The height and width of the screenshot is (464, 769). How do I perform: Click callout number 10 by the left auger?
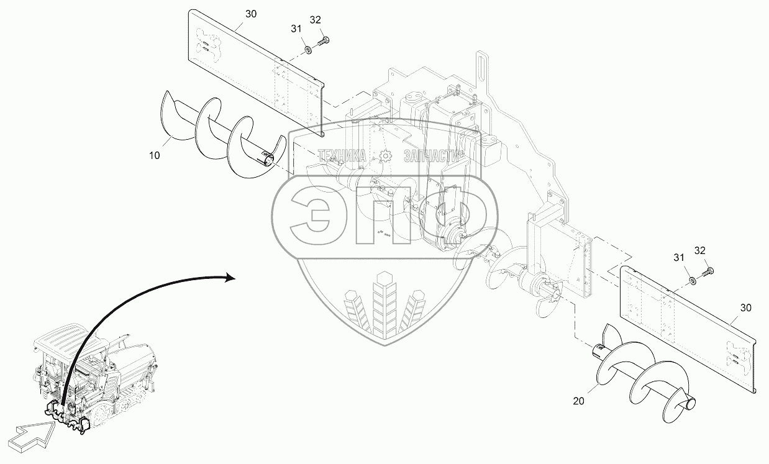(154, 155)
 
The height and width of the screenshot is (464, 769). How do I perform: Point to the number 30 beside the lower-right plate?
(746, 307)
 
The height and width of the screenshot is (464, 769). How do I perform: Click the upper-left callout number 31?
(295, 28)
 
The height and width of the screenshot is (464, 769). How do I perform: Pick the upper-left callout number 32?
(316, 20)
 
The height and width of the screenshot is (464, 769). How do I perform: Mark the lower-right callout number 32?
(699, 250)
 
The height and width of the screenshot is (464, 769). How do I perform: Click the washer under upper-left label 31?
(307, 50)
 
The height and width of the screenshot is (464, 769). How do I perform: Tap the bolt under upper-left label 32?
(324, 42)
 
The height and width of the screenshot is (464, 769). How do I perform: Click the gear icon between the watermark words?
(385, 155)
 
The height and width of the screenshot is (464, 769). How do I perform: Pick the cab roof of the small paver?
(62, 335)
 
